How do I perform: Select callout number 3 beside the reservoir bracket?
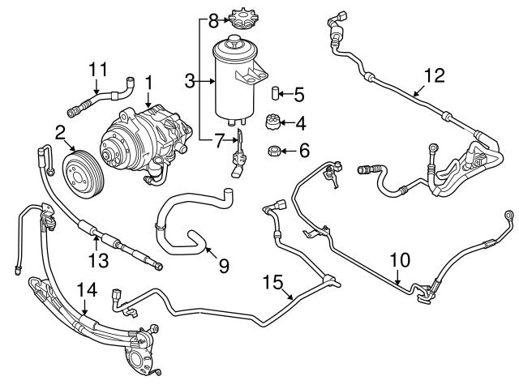(x=191, y=81)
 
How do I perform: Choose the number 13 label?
(x=97, y=259)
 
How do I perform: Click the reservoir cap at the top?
(x=238, y=17)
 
